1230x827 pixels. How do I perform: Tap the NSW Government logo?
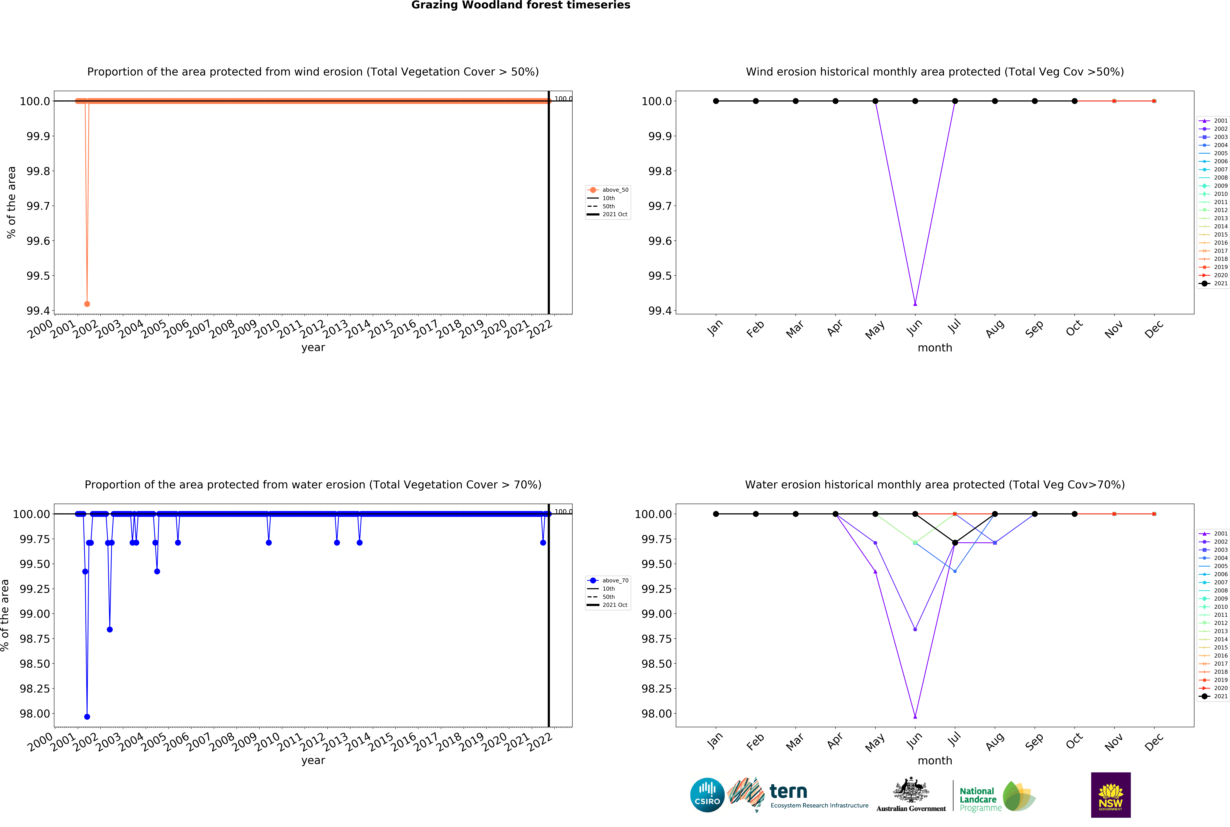[x=1110, y=795]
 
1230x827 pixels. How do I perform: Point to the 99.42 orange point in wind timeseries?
[x=87, y=304]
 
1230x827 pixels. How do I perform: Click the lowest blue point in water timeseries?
[x=87, y=717]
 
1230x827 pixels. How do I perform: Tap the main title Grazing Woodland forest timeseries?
[x=520, y=5]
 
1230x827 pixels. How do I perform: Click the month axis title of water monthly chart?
[x=935, y=761]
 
